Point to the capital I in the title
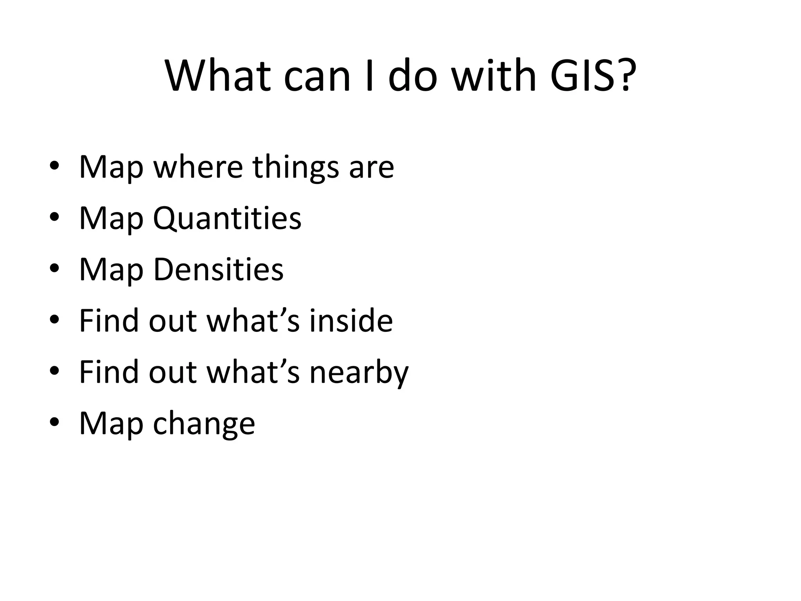tap(368, 75)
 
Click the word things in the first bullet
tap(295, 167)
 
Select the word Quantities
tap(227, 218)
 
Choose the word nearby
tap(359, 372)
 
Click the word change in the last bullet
tap(204, 424)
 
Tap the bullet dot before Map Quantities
tap(54, 217)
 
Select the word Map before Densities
tap(111, 270)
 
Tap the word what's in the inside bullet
tap(253, 320)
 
